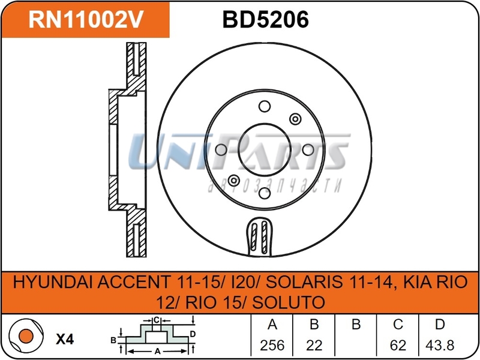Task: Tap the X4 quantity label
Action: (64, 339)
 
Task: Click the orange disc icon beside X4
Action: (24, 339)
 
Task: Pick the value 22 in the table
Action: (314, 346)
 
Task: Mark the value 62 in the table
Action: (398, 346)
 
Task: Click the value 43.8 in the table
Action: (440, 346)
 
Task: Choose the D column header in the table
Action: (440, 325)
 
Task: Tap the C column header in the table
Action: (398, 325)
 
